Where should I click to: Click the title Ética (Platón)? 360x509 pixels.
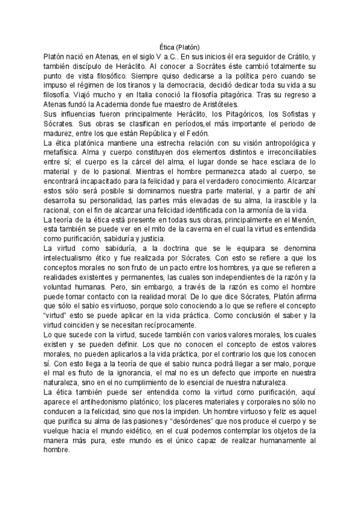[x=180, y=46]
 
